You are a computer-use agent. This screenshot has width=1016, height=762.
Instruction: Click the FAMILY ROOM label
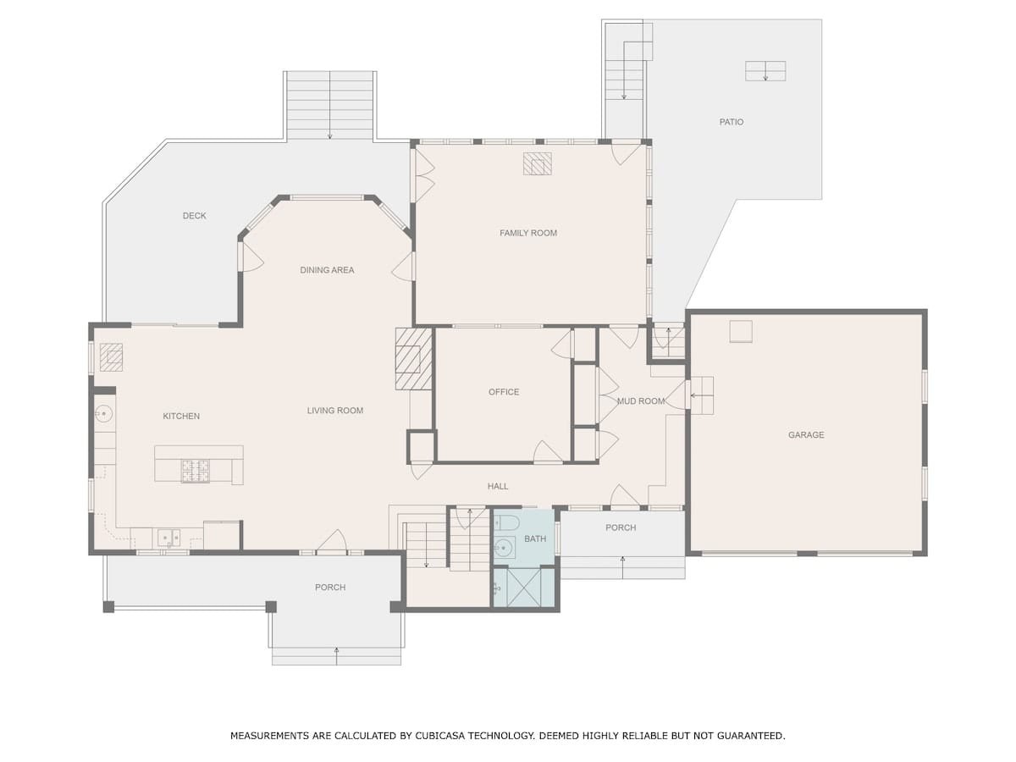[527, 233]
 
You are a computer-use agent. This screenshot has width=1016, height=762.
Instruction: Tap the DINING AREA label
[327, 270]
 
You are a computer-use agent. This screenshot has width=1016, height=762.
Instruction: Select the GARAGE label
[806, 434]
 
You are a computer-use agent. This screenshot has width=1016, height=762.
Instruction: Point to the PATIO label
[732, 122]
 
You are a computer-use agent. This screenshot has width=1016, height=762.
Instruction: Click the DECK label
[195, 216]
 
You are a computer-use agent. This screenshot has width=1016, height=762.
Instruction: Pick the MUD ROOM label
[641, 401]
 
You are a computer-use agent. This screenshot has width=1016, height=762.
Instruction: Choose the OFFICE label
[504, 392]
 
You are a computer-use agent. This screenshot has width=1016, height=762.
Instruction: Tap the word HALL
[498, 486]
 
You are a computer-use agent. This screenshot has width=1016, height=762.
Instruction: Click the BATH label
[535, 538]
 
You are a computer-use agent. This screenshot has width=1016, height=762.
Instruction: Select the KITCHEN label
[181, 416]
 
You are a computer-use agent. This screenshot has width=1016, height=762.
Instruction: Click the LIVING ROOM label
[335, 411]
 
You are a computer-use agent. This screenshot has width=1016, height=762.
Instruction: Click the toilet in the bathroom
[507, 522]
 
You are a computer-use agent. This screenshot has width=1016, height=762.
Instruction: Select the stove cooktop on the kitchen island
[196, 471]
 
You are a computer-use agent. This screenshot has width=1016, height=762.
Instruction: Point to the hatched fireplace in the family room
[538, 163]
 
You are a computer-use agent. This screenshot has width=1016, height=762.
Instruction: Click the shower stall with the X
[524, 587]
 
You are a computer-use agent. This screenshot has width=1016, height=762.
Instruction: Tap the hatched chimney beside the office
[414, 358]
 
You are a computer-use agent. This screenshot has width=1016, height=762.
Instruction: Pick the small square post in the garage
[741, 331]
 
